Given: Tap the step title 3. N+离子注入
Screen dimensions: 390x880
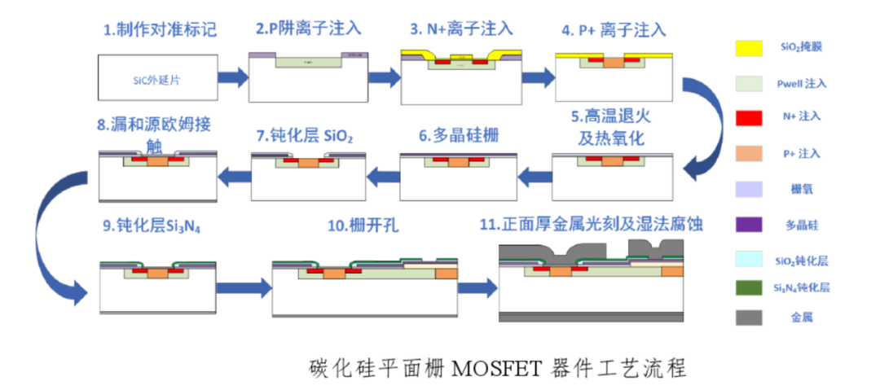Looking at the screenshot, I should (x=461, y=29).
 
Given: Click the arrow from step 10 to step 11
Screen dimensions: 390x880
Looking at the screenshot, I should (x=478, y=287).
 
